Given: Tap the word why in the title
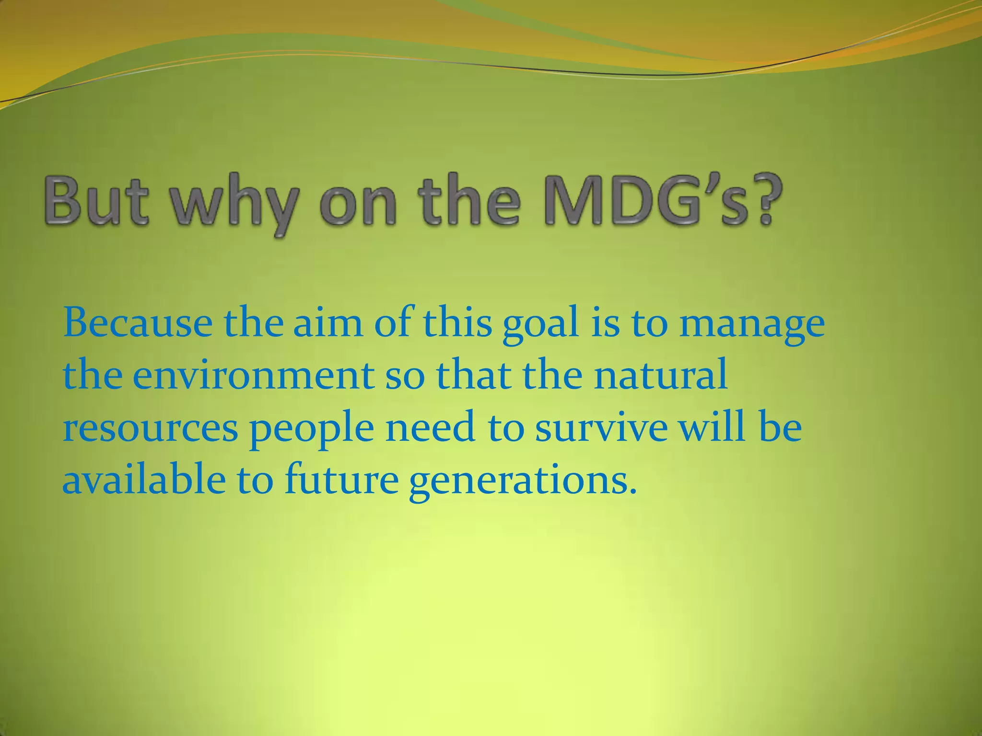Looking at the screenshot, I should [240, 204].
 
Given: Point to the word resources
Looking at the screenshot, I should [150, 428].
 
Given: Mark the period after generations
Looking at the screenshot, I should [632, 492].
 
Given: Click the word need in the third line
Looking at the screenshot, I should [430, 427].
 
